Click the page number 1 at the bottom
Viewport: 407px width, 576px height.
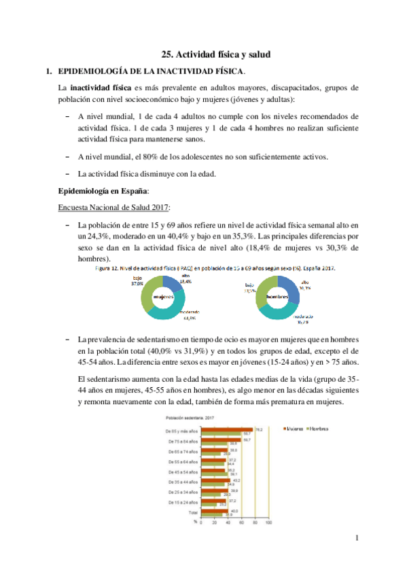click(355, 539)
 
